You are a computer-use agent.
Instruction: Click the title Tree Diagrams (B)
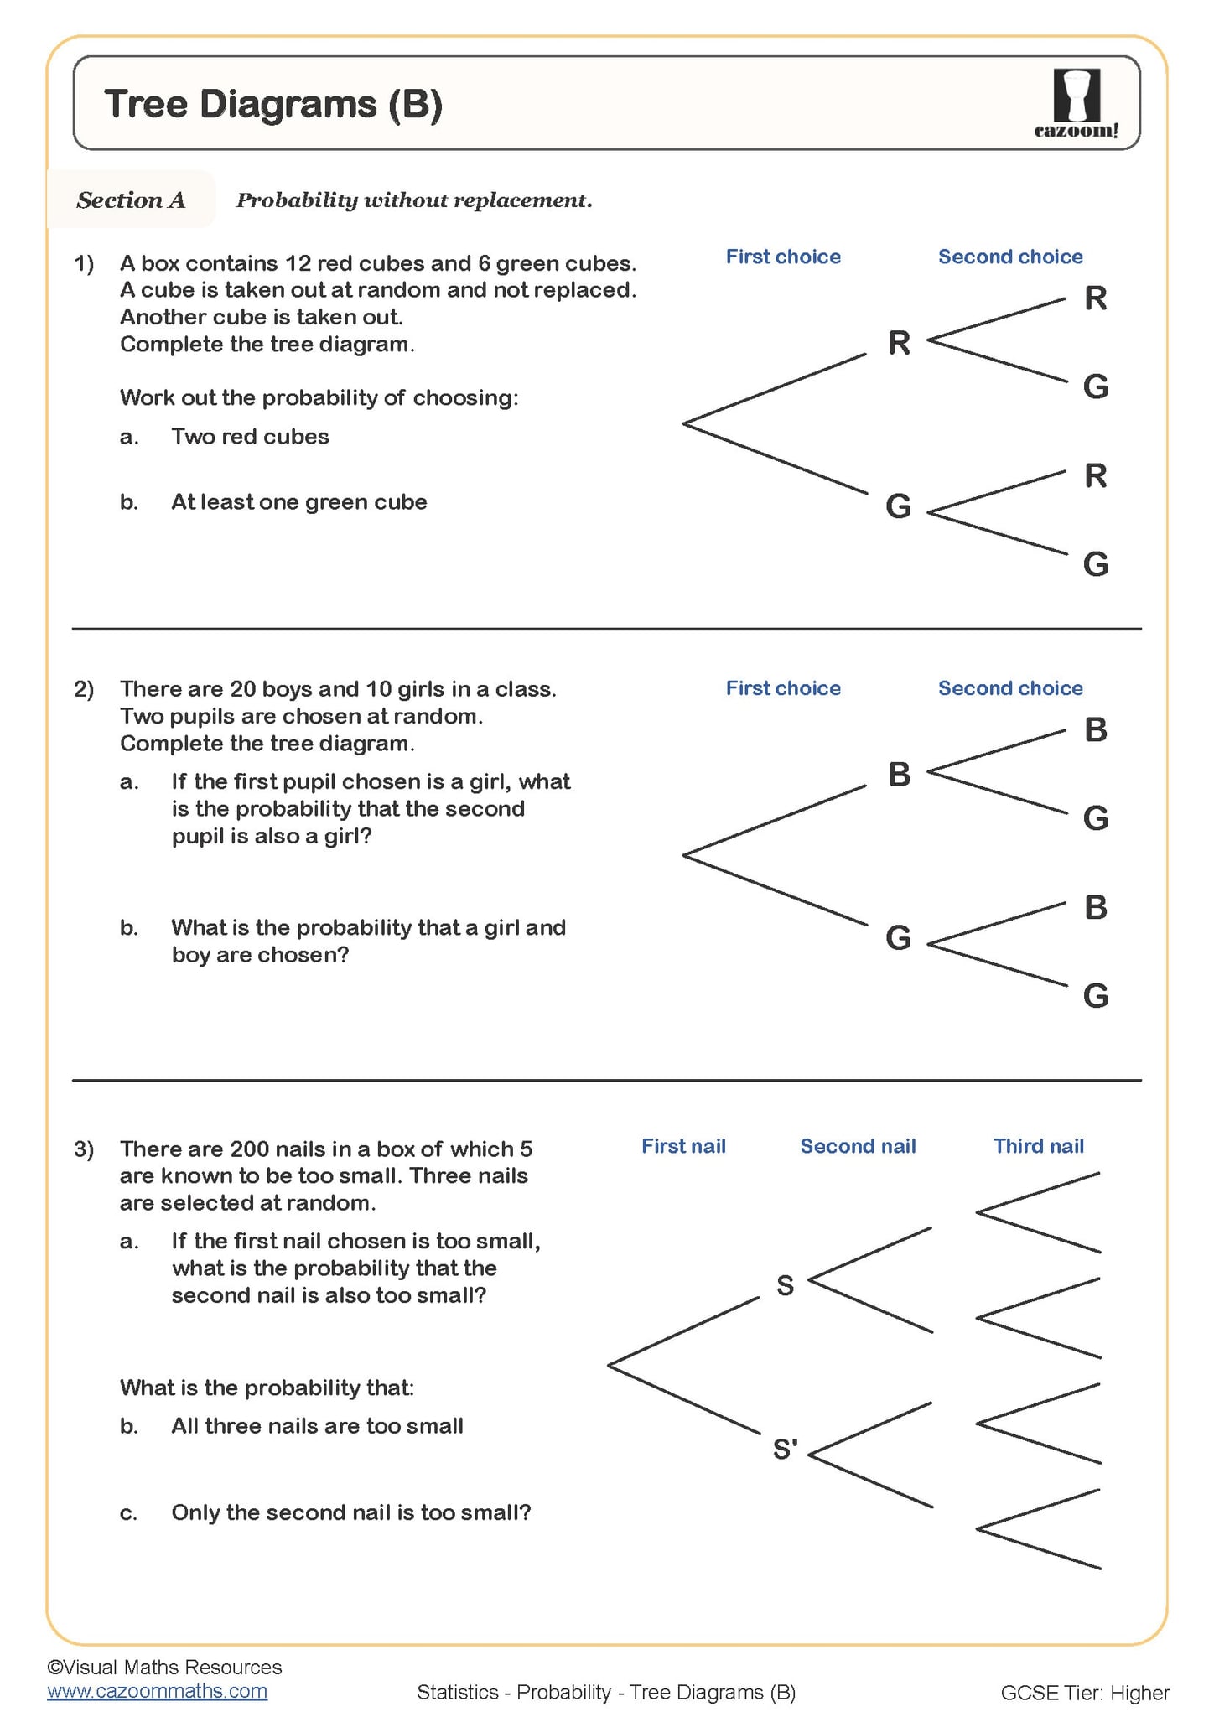273,104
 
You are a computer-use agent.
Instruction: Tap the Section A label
131,200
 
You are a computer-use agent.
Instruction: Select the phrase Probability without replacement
414,200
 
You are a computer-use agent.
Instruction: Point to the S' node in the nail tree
785,1449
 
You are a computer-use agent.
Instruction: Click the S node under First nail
785,1285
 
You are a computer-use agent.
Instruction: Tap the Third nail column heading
1038,1146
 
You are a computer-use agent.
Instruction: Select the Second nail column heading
858,1146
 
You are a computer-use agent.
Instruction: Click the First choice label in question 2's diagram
783,688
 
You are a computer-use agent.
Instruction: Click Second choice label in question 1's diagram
1010,257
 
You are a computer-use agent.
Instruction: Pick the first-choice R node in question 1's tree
899,342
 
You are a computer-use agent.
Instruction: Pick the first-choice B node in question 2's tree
899,774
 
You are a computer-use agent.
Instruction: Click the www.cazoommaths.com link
158,1691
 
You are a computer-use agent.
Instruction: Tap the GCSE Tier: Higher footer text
1085,1693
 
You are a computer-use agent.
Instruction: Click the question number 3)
84,1149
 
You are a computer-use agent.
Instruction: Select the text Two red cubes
250,437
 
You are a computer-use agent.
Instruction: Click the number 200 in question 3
249,1149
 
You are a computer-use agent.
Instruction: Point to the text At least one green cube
299,502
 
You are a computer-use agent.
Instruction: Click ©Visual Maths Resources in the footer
164,1667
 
